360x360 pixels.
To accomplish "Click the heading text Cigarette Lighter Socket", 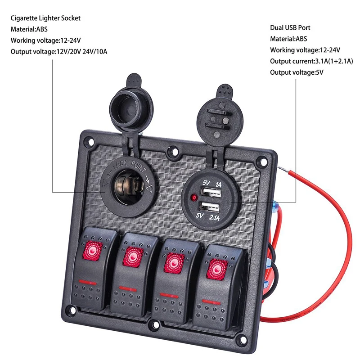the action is tap(45, 18).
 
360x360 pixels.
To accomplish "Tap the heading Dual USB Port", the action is tap(290, 28).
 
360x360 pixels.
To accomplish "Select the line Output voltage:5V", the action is tap(297, 72).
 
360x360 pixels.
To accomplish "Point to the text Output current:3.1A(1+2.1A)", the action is tap(311, 61).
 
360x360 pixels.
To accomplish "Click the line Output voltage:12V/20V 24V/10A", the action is tap(59, 51).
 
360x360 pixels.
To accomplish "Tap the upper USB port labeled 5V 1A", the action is tap(211, 193).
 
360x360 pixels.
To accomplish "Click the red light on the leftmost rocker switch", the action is tap(93, 251).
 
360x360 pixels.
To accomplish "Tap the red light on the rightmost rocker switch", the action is tap(217, 270).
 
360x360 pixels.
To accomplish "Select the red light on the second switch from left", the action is tap(133, 256).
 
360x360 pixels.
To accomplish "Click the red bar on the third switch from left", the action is tap(169, 295).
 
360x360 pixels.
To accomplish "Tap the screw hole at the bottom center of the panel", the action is tap(156, 325).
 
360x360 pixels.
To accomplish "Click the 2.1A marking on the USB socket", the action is tap(215, 217).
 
